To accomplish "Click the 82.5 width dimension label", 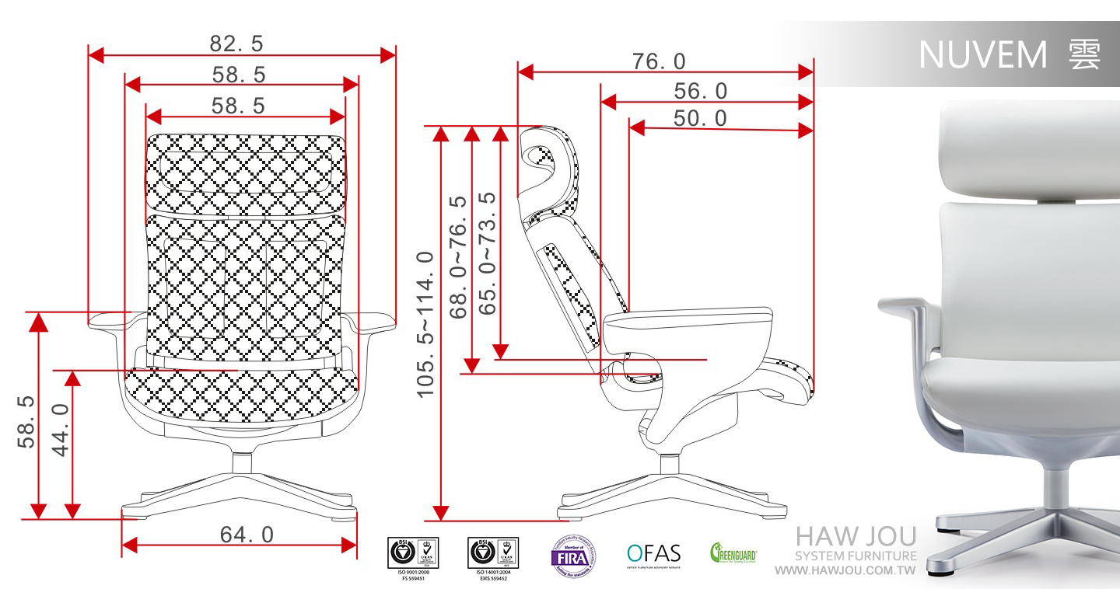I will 236,44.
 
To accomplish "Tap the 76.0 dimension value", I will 659,61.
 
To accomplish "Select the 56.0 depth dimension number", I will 701,92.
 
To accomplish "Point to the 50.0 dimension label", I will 701,118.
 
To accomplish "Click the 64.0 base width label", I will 247,535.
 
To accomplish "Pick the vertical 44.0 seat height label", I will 61,428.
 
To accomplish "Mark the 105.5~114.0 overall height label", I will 425,324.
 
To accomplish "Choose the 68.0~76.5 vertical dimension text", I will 459,257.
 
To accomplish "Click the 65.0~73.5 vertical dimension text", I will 488,253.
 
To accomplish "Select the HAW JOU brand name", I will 856,537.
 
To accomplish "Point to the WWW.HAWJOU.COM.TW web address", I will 846,571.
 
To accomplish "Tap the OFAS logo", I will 653,554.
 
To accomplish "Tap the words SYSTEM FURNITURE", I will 856,556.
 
